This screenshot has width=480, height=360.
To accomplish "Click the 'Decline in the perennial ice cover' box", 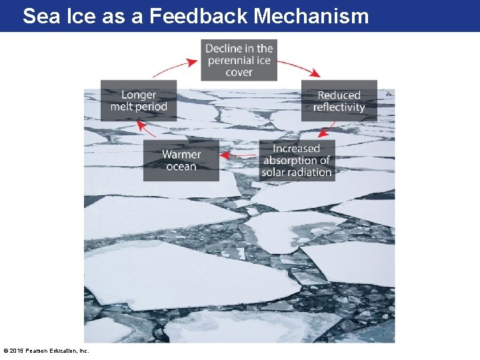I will click(239, 60).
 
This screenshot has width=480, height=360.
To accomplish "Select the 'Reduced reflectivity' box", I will click(339, 101).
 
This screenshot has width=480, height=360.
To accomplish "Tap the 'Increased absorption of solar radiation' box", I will click(296, 160).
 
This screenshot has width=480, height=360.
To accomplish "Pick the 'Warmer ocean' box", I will click(181, 160).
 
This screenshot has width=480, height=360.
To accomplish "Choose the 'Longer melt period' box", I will click(139, 101).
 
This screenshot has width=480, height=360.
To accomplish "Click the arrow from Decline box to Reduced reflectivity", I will click(295, 68).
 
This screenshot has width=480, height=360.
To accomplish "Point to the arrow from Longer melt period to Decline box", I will click(175, 67).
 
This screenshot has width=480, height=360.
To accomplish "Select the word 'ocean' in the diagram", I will click(181, 166).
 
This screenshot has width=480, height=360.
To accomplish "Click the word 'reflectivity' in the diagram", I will click(339, 107).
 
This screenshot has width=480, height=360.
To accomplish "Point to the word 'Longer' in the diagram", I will click(139, 95).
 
